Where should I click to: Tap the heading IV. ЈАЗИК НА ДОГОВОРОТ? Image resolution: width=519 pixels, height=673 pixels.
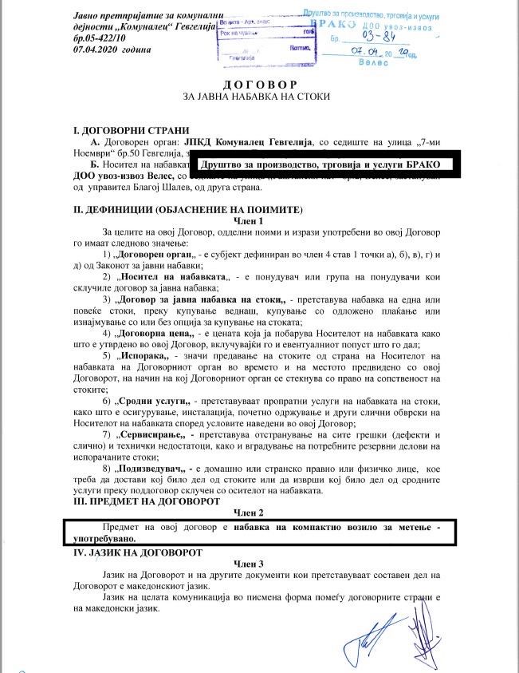point(140,552)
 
